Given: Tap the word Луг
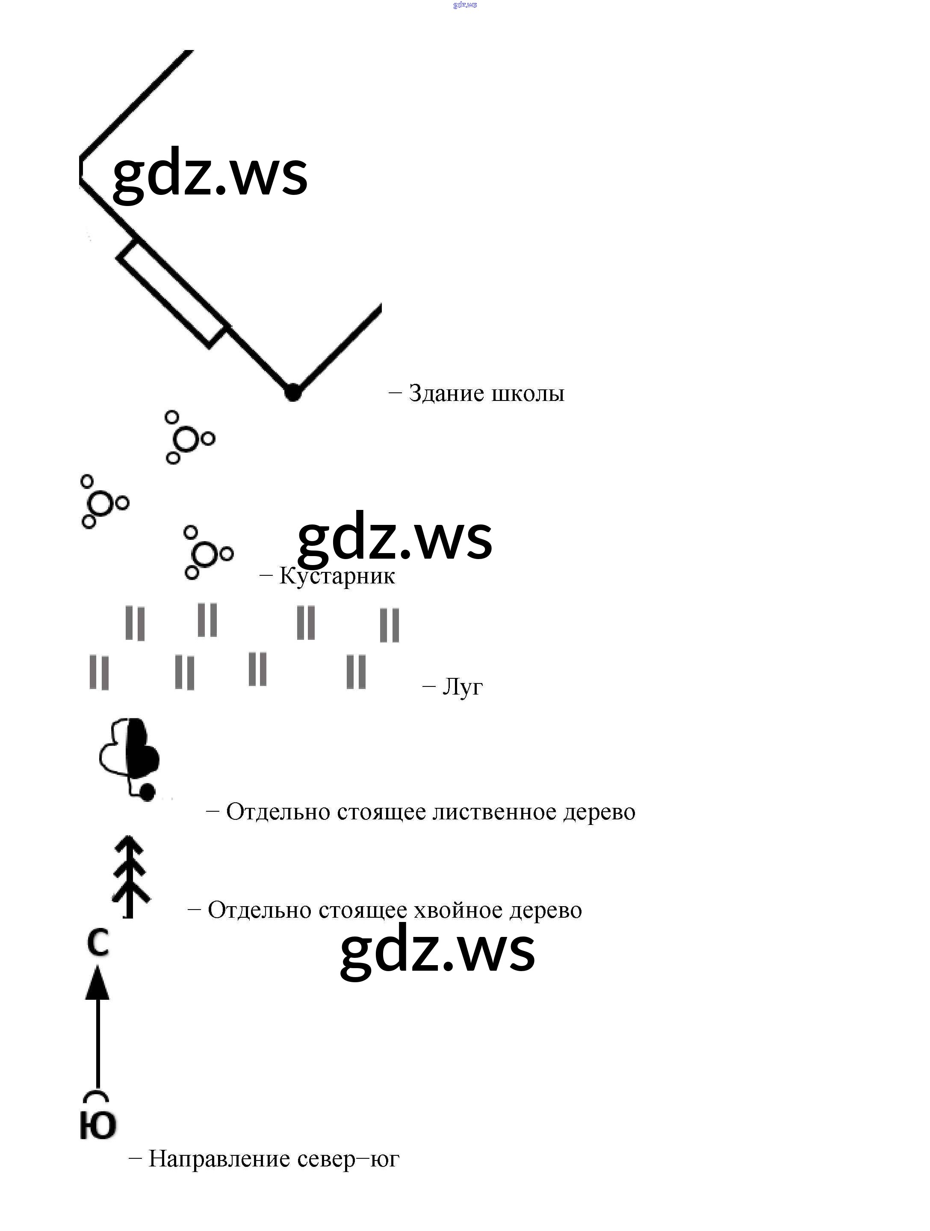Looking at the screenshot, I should tap(463, 687).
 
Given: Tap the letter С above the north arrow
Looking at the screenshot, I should tap(98, 943).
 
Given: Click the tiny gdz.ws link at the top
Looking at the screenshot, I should tap(465, 5).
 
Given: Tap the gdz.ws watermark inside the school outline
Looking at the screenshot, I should tap(210, 173).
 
